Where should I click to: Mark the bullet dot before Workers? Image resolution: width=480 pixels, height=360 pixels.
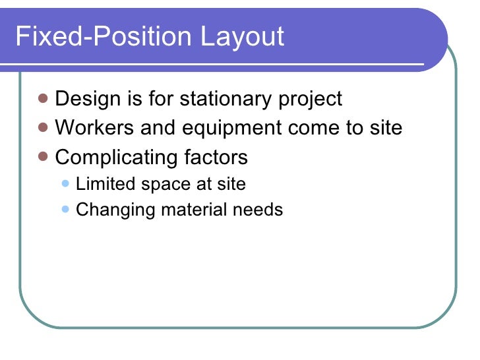point(44,127)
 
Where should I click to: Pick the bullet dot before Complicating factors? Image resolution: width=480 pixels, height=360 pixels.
point(44,157)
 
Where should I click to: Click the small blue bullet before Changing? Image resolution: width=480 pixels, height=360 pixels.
point(65,210)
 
